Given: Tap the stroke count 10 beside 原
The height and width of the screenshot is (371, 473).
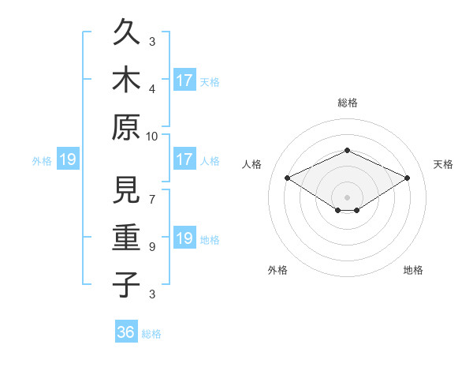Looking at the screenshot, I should click(x=152, y=136).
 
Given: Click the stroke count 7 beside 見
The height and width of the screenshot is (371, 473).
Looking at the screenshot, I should click(x=152, y=192).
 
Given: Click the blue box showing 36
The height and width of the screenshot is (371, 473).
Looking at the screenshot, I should click(x=126, y=332).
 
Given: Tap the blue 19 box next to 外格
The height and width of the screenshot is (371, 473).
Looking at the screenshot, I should click(x=67, y=160).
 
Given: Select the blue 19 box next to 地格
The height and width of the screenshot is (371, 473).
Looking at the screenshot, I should click(x=184, y=239).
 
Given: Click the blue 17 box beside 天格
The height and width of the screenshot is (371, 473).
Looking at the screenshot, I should click(x=184, y=81).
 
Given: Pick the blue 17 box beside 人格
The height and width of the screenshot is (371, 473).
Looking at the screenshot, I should click(x=184, y=160).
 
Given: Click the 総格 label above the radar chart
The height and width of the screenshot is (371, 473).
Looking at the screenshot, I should click(x=347, y=103).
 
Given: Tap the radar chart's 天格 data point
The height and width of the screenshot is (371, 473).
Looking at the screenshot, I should click(x=407, y=178).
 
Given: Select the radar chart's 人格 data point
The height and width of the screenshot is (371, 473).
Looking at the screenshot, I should click(x=288, y=178).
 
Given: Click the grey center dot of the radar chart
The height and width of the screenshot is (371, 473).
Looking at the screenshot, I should click(x=347, y=197).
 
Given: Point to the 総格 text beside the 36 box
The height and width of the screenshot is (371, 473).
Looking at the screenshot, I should click(x=151, y=334).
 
